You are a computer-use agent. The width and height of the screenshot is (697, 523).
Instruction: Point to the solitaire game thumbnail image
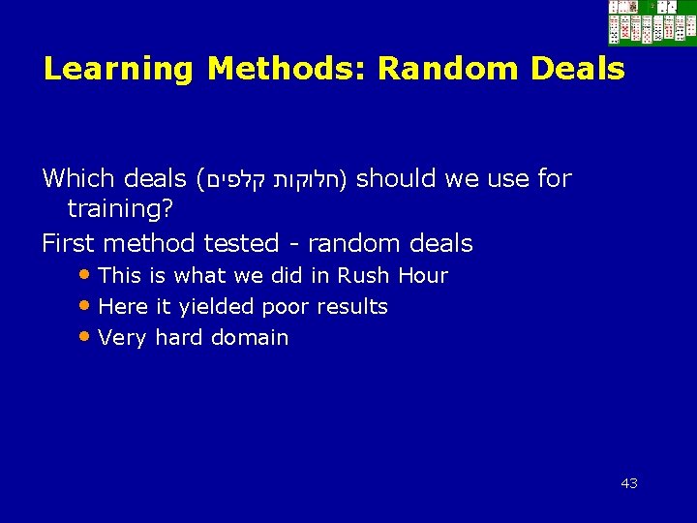652,23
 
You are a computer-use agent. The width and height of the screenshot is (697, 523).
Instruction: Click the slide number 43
629,483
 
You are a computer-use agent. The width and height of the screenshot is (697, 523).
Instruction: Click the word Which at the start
79,179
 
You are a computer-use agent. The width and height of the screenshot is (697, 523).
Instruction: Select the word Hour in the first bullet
422,276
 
